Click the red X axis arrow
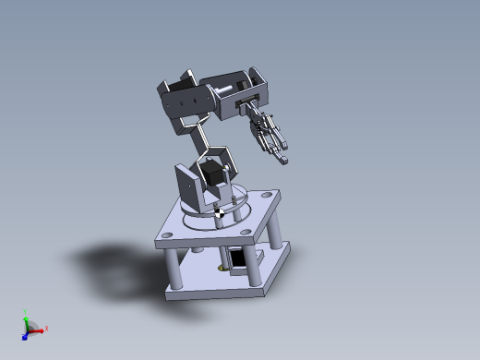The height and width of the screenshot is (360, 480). coord(38,330)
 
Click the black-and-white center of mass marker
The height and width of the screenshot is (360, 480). coord(220,214)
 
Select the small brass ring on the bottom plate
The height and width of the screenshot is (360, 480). coord(221,269)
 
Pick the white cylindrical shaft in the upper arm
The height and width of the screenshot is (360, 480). coord(225,92)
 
